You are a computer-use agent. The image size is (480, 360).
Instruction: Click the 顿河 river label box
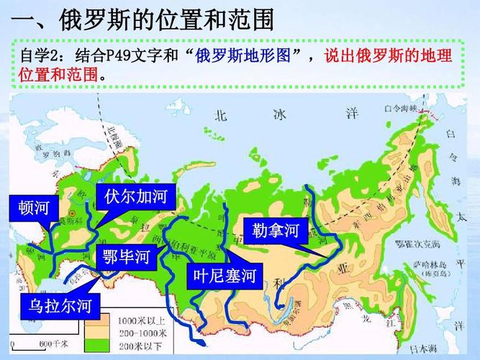tap(33, 208)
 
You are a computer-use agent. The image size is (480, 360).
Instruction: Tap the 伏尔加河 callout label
tap(135, 197)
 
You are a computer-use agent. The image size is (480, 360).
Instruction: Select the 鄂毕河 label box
tap(125, 256)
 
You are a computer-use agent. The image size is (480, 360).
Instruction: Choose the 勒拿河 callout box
tap(276, 230)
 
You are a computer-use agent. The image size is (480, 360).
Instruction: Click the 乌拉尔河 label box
tap(60, 306)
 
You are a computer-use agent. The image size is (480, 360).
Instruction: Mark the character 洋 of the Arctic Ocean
tap(352, 113)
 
